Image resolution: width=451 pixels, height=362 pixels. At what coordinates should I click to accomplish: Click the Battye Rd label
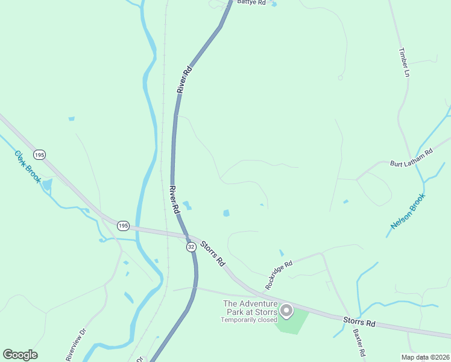click(x=251, y=3)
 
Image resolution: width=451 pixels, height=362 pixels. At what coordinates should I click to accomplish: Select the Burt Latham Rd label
click(x=412, y=159)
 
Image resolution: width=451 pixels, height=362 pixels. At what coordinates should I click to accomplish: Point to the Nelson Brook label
click(x=408, y=211)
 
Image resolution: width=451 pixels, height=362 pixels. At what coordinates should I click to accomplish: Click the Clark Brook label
click(x=27, y=167)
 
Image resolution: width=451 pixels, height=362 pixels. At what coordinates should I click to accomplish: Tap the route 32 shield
click(x=191, y=247)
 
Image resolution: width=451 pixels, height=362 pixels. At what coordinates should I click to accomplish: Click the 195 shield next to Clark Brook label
click(x=39, y=155)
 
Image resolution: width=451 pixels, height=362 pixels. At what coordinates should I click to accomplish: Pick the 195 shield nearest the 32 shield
click(x=123, y=226)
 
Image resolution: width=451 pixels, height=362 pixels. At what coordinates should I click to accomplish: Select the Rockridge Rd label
click(x=279, y=275)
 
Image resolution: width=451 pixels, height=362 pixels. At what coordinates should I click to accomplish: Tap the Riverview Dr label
click(x=77, y=345)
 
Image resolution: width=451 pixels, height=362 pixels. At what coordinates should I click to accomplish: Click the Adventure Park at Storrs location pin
click(x=286, y=311)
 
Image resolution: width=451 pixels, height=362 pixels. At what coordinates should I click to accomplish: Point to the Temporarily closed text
click(x=248, y=320)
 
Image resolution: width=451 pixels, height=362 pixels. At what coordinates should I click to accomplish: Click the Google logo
click(x=20, y=355)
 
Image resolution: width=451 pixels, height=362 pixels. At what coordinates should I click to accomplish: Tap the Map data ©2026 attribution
click(x=425, y=357)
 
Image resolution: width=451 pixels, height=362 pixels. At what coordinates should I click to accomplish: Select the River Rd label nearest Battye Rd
click(x=184, y=79)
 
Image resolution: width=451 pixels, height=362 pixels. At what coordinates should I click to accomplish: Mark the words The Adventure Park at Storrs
click(x=250, y=308)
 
